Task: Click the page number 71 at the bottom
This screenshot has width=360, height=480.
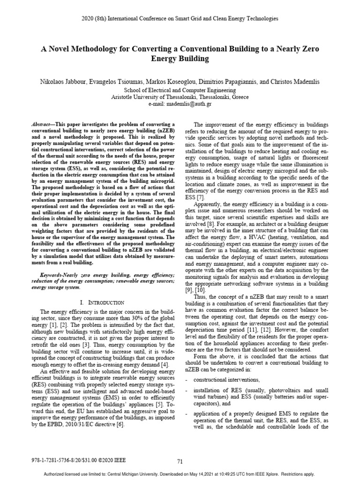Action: [x=180, y=461]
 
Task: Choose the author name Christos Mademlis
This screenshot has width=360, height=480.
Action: [x=297, y=82]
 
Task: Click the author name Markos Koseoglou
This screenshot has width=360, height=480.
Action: [x=160, y=82]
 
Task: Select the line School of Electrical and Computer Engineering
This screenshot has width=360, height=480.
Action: [x=180, y=89]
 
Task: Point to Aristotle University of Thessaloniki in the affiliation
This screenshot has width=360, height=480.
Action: [x=152, y=97]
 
